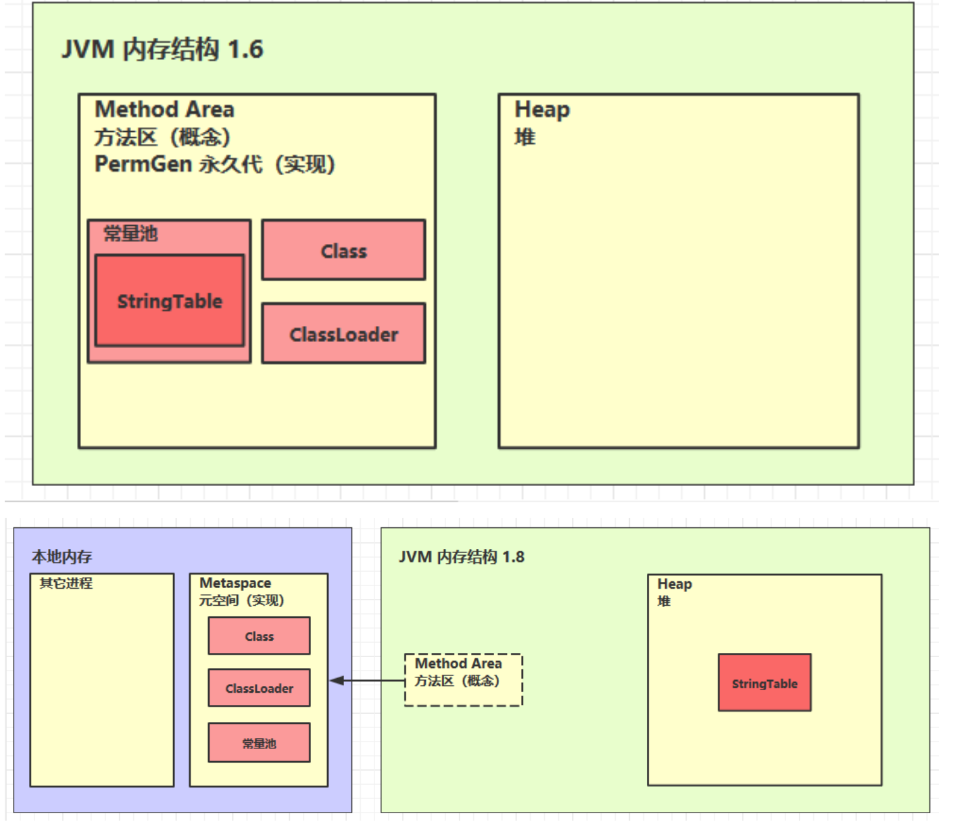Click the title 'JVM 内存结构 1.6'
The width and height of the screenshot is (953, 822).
162,49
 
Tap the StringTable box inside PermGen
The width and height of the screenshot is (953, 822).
170,301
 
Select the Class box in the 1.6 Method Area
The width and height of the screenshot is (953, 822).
343,250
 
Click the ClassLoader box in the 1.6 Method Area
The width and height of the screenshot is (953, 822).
343,334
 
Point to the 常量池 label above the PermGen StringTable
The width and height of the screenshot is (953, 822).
130,234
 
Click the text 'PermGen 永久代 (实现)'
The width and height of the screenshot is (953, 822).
214,164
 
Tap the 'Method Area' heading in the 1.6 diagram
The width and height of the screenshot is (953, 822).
164,110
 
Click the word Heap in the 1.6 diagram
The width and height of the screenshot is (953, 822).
542,110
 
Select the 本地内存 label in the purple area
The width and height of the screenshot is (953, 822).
62,556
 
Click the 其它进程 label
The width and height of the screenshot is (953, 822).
66,583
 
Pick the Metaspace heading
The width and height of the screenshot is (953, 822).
235,583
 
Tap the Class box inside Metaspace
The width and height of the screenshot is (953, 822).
259,636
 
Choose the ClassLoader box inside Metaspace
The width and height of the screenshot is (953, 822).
259,688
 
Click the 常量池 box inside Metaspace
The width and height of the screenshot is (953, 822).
259,743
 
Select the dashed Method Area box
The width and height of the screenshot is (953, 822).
463,679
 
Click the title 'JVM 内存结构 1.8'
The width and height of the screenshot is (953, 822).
462,556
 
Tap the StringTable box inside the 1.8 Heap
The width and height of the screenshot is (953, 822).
764,683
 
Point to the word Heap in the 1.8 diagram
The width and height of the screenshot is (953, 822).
675,583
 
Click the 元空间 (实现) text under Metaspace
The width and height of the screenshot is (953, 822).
241,600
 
